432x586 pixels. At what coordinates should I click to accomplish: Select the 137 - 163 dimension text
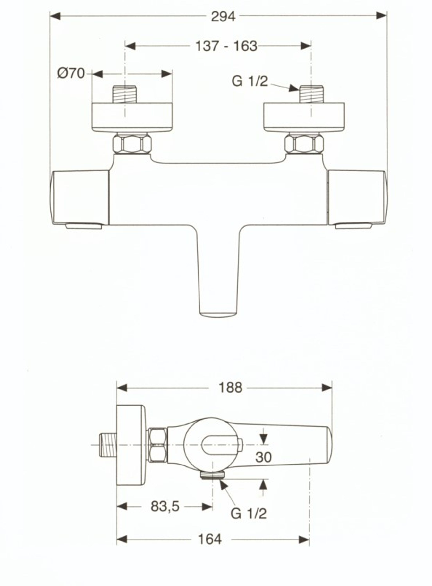point(226,46)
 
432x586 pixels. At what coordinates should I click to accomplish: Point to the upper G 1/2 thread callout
point(250,81)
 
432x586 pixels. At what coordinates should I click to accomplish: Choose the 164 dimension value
point(210,539)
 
